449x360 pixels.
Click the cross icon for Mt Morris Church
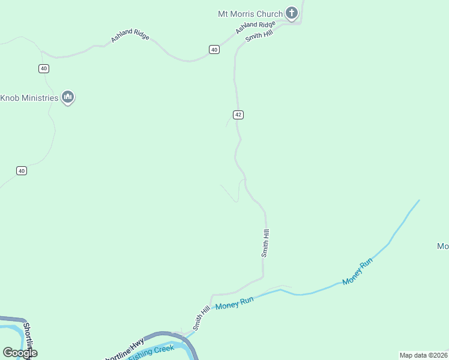(x=292, y=13)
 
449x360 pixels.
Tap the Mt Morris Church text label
(x=250, y=14)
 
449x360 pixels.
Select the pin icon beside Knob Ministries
(x=68, y=97)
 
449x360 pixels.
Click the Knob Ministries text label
(x=29, y=98)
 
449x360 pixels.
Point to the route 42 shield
(x=238, y=115)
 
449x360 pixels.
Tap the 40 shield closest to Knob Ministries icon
(x=44, y=68)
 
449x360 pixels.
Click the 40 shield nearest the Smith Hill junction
(x=214, y=50)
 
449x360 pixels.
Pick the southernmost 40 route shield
(x=22, y=171)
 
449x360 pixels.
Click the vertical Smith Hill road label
(x=265, y=243)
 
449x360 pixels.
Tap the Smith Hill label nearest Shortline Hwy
(x=202, y=318)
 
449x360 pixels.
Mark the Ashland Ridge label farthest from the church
(x=130, y=36)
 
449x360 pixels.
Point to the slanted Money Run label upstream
(x=358, y=271)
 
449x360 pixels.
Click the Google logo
(x=20, y=353)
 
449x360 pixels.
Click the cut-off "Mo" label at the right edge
(x=443, y=246)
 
